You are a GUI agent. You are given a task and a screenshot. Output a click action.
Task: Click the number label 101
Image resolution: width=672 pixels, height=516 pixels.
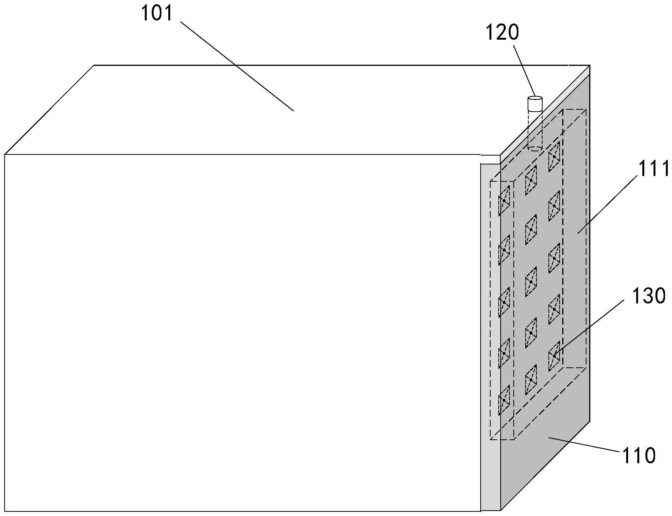point(158,13)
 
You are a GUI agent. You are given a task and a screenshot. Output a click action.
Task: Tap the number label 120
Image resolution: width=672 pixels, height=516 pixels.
point(502,32)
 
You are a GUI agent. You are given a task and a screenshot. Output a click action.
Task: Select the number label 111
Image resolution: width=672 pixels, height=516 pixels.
point(654,169)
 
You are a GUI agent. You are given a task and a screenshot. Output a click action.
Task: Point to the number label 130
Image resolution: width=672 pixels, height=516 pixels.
point(649,296)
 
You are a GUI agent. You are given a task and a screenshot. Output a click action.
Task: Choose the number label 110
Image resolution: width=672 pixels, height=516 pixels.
point(638,456)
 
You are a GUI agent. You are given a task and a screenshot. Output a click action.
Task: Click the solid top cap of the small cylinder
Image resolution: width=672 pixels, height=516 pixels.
point(535,99)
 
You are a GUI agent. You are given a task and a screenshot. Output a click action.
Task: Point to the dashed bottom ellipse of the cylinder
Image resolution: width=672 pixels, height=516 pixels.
point(535,148)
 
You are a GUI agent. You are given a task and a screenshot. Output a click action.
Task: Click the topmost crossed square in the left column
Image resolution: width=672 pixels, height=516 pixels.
point(504,201)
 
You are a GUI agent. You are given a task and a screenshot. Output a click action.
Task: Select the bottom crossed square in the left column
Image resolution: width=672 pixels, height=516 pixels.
point(504,400)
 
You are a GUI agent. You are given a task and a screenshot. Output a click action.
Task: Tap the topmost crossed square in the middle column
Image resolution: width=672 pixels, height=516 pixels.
point(531,180)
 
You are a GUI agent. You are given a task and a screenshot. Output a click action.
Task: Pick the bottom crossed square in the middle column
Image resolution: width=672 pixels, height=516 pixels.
point(531,380)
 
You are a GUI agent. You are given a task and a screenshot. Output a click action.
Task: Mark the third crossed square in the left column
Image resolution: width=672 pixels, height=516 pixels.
point(504,302)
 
